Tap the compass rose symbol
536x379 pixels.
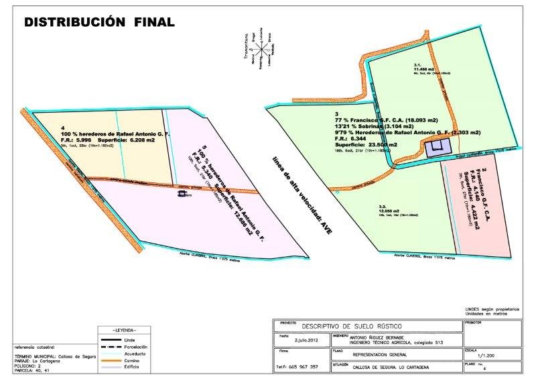[258, 48]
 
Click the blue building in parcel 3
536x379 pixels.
[438, 148]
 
